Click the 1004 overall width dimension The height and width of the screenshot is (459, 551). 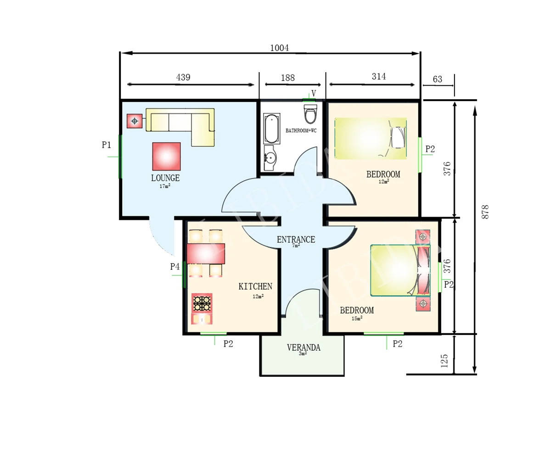pos(280,48)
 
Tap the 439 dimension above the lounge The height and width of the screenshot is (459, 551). pos(183,77)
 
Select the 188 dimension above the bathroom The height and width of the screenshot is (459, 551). pos(287,78)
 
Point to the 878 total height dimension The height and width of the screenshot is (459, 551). pos(485,212)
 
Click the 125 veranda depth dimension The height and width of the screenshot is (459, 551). pos(444,361)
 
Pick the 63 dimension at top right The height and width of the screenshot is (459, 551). pos(437,79)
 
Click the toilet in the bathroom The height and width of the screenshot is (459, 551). pos(310,114)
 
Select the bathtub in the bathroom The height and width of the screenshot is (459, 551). pos(271,129)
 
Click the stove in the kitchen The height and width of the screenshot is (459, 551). pos(202,303)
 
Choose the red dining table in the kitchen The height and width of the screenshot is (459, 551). pos(206,254)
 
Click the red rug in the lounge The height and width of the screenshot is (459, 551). pos(167,157)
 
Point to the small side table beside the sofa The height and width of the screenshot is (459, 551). pos(135,121)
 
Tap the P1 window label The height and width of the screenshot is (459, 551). pos(107,145)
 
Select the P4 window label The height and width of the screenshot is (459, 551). pos(175,267)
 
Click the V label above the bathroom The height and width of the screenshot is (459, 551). pos(314,93)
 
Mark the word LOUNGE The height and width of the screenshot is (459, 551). pos(165,178)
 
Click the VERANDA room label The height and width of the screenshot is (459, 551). pos(304,347)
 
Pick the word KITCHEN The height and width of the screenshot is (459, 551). pos(255,286)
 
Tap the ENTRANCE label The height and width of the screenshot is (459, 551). pos(296,240)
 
